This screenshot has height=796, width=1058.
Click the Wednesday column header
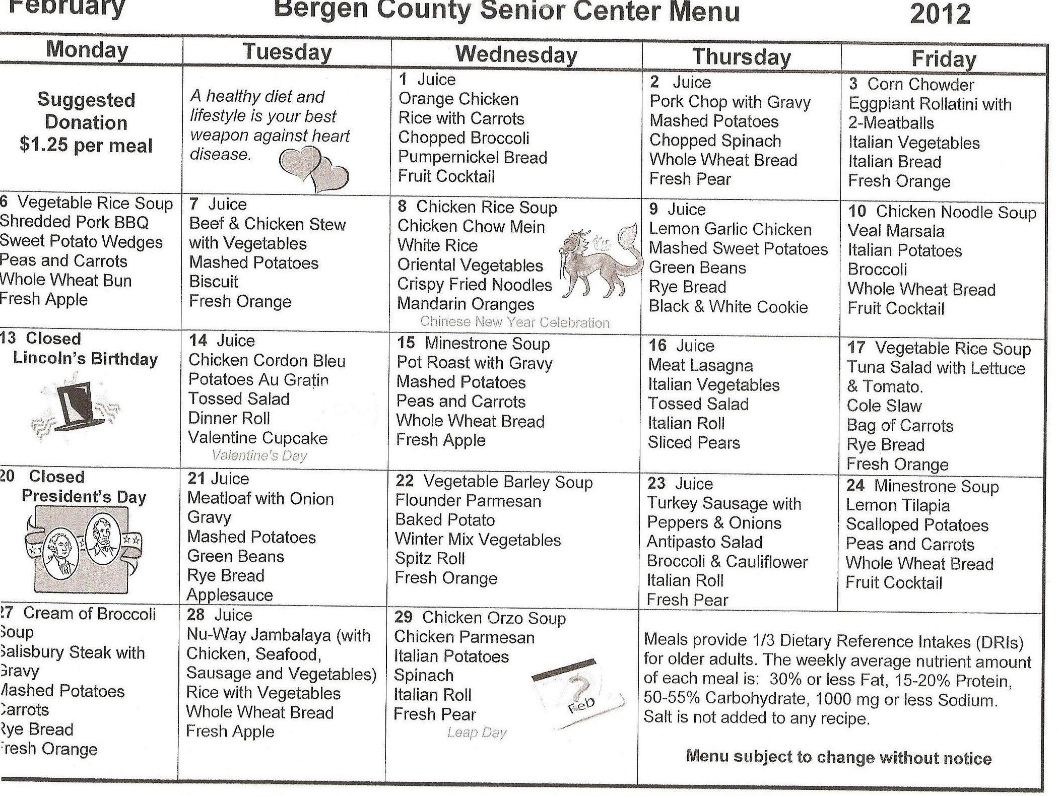click(x=516, y=54)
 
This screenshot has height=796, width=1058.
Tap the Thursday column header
click(x=742, y=56)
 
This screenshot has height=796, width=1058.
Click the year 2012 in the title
click(x=940, y=14)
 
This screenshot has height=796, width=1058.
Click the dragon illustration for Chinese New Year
click(x=600, y=262)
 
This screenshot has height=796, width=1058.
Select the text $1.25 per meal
click(x=86, y=146)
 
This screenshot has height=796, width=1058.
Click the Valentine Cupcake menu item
click(x=257, y=438)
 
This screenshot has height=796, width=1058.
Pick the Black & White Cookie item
click(x=728, y=307)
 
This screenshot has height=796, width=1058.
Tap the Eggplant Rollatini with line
click(x=930, y=104)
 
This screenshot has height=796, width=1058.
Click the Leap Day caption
click(x=477, y=733)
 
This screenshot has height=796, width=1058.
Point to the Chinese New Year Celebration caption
click(x=514, y=322)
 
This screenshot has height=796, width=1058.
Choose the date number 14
click(x=198, y=341)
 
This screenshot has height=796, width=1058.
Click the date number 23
click(x=656, y=484)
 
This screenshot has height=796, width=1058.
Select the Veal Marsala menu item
click(x=896, y=231)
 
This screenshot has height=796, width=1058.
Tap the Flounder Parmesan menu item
click(x=468, y=501)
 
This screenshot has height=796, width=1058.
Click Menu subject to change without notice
click(x=839, y=757)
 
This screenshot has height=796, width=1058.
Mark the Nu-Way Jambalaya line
click(x=278, y=635)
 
